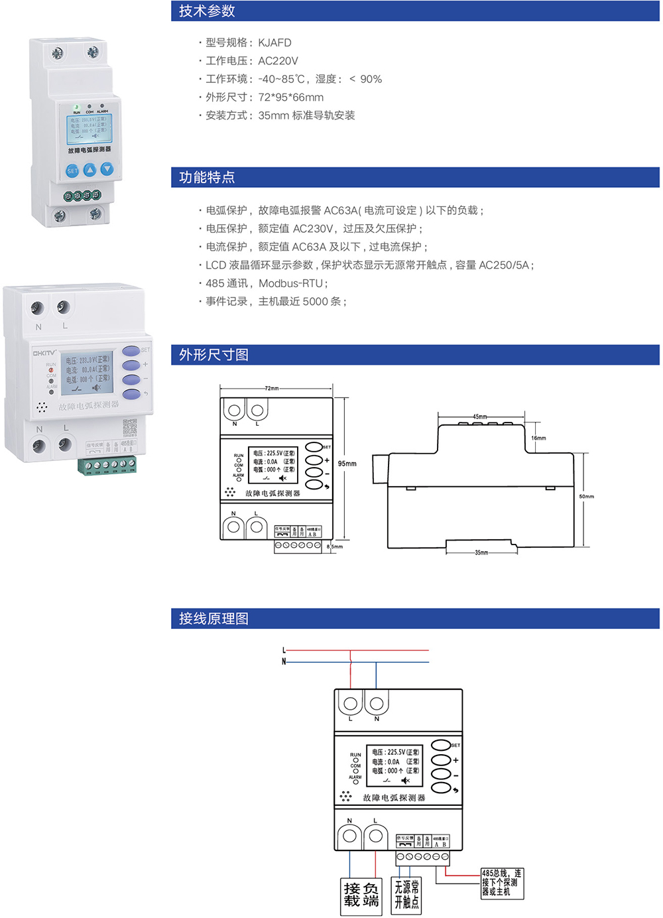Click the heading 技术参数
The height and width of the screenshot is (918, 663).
207,11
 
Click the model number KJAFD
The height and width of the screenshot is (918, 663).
274,42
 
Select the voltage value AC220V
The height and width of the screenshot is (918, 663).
278,61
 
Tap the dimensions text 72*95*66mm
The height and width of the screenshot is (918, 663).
291,98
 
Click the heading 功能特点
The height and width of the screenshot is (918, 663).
207,177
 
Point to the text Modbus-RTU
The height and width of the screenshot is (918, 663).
290,283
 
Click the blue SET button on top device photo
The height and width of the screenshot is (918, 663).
72,171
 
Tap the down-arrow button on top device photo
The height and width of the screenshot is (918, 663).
107,169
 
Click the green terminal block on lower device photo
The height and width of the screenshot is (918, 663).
107,466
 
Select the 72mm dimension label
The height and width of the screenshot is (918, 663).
272,389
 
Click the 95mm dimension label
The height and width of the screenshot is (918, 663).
347,464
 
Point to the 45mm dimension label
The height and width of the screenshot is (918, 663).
480,417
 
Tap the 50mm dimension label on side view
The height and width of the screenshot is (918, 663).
587,496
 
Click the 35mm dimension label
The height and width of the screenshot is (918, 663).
481,553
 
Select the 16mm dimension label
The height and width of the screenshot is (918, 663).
538,438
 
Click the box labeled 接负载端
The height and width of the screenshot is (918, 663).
361,896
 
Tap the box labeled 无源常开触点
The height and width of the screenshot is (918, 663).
406,895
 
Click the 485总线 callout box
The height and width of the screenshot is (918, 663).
502,883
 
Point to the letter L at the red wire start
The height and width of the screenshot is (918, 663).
284,651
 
